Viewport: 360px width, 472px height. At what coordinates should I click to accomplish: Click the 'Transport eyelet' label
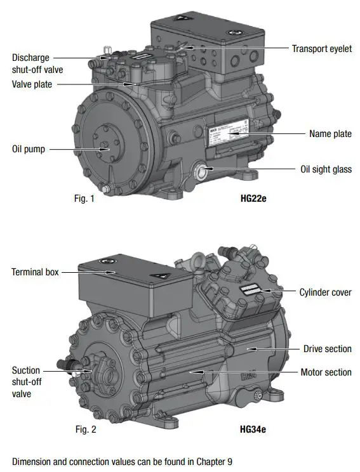(321, 49)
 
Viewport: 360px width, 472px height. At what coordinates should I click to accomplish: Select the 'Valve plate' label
(32, 84)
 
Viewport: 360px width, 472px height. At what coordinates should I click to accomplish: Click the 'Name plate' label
(330, 134)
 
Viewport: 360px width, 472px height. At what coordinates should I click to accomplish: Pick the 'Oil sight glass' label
(326, 169)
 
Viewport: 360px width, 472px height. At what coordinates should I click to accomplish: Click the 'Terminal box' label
(35, 272)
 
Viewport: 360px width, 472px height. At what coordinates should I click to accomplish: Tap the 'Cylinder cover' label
(325, 292)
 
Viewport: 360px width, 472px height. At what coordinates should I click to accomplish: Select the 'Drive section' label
(327, 349)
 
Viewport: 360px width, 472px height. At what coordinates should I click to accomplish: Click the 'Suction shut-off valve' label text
(26, 381)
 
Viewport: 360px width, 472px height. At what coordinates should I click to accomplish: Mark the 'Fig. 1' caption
(84, 199)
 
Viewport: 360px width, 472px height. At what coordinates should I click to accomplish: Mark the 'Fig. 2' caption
(86, 429)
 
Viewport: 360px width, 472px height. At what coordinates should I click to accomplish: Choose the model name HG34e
(253, 429)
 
